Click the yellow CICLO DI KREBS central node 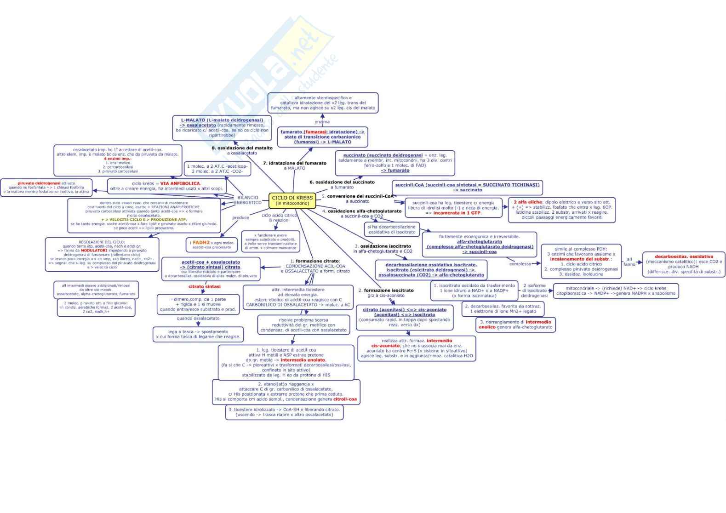pyautogui.click(x=292, y=200)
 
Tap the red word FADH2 pyautogui.click(x=201, y=242)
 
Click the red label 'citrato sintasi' pyautogui.click(x=204, y=286)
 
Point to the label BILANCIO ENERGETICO pyautogui.click(x=248, y=200)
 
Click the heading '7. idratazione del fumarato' pyautogui.click(x=294, y=163)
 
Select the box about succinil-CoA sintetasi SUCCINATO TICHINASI pyautogui.click(x=467, y=187)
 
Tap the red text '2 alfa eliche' pyautogui.click(x=528, y=202)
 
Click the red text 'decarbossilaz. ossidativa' pyautogui.click(x=684, y=256)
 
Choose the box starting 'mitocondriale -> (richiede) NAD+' pyautogui.click(x=616, y=291)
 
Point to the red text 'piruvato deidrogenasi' pyautogui.click(x=39, y=183)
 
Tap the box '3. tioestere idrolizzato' pyautogui.click(x=284, y=412)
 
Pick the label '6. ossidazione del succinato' pyautogui.click(x=342, y=182)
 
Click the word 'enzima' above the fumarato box pyautogui.click(x=322, y=122)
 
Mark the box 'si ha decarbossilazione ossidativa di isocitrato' pyautogui.click(x=392, y=229)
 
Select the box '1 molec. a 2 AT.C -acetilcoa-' pyautogui.click(x=217, y=169)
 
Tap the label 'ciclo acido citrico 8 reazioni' pyautogui.click(x=279, y=217)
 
